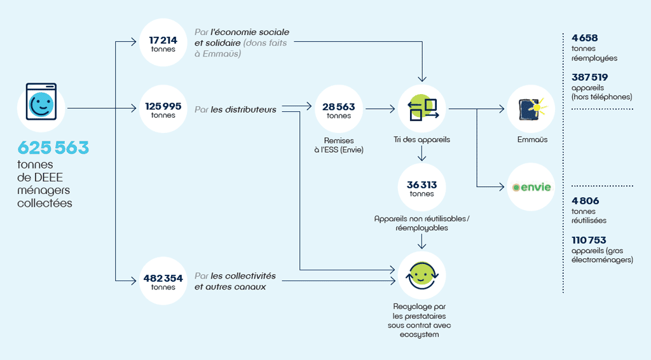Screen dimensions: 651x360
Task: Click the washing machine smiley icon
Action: pos(41,102)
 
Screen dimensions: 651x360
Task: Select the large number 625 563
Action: pos(53,148)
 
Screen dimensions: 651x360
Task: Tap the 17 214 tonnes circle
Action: pos(163,43)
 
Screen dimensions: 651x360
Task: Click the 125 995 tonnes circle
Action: pos(163,109)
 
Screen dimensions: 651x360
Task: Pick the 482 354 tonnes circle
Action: pos(163,280)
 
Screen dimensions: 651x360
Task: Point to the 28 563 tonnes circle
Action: pos(339,109)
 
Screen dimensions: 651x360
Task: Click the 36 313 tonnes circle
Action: pos(422,187)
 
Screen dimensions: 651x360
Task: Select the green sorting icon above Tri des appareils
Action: pos(422,108)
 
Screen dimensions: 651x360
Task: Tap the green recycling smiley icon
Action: pos(422,275)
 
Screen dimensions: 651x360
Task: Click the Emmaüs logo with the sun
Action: pos(532,109)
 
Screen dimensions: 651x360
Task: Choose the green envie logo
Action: pos(531,187)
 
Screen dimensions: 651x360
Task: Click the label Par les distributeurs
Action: pos(235,109)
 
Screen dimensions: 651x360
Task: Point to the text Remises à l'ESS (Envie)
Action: pos(339,145)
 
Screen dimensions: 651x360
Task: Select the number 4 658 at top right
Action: pos(585,38)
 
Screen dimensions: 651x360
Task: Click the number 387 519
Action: pos(589,77)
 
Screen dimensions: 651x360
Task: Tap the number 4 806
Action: pos(586,201)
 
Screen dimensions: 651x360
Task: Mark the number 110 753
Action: pos(589,240)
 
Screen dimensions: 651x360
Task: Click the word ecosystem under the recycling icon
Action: pos(420,335)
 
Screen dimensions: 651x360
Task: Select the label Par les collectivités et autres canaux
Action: pos(235,281)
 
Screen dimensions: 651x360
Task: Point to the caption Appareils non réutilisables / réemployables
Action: pos(422,223)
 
